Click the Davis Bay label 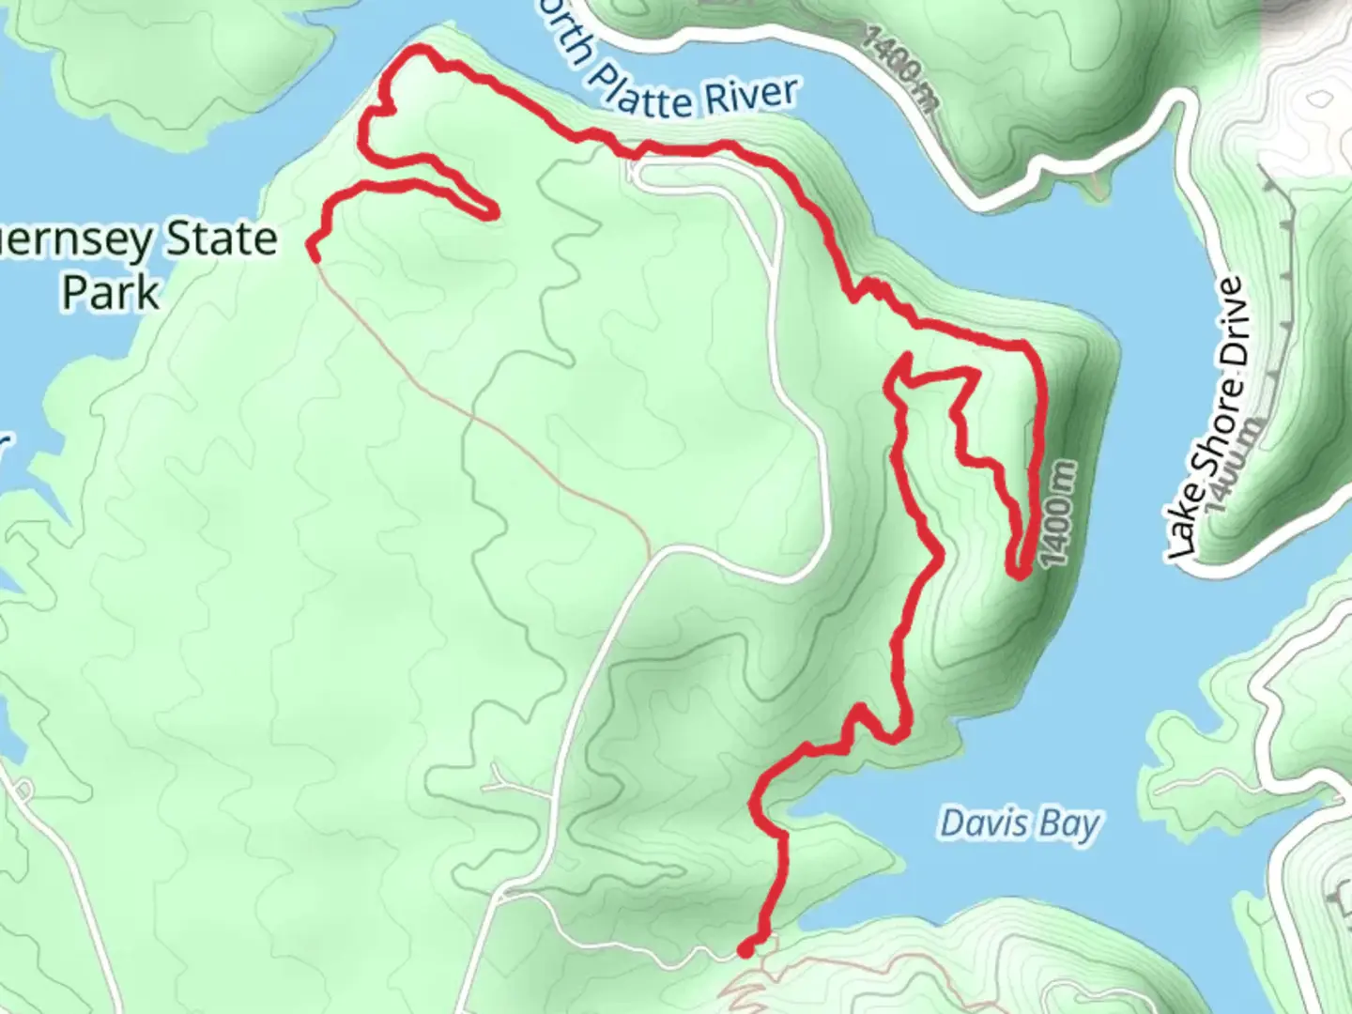tap(1019, 823)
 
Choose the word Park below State tap(110, 292)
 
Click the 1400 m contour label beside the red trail tap(1058, 513)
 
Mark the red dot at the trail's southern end tap(745, 950)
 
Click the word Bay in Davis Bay tap(1070, 824)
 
